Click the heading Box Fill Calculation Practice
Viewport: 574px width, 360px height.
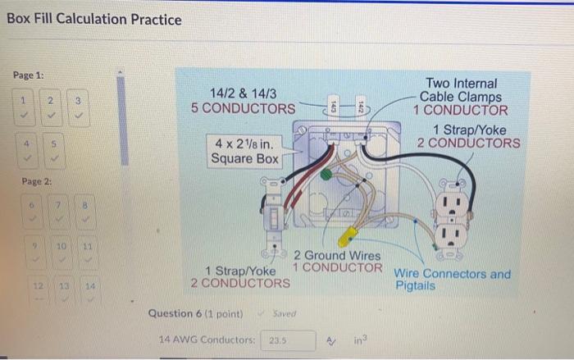[x=93, y=19]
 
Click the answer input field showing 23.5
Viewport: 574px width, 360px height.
[x=289, y=339]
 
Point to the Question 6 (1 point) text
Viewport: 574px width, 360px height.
[x=197, y=313]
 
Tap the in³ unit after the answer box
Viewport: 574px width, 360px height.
[x=362, y=339]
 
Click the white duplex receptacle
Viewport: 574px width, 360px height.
[x=450, y=217]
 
